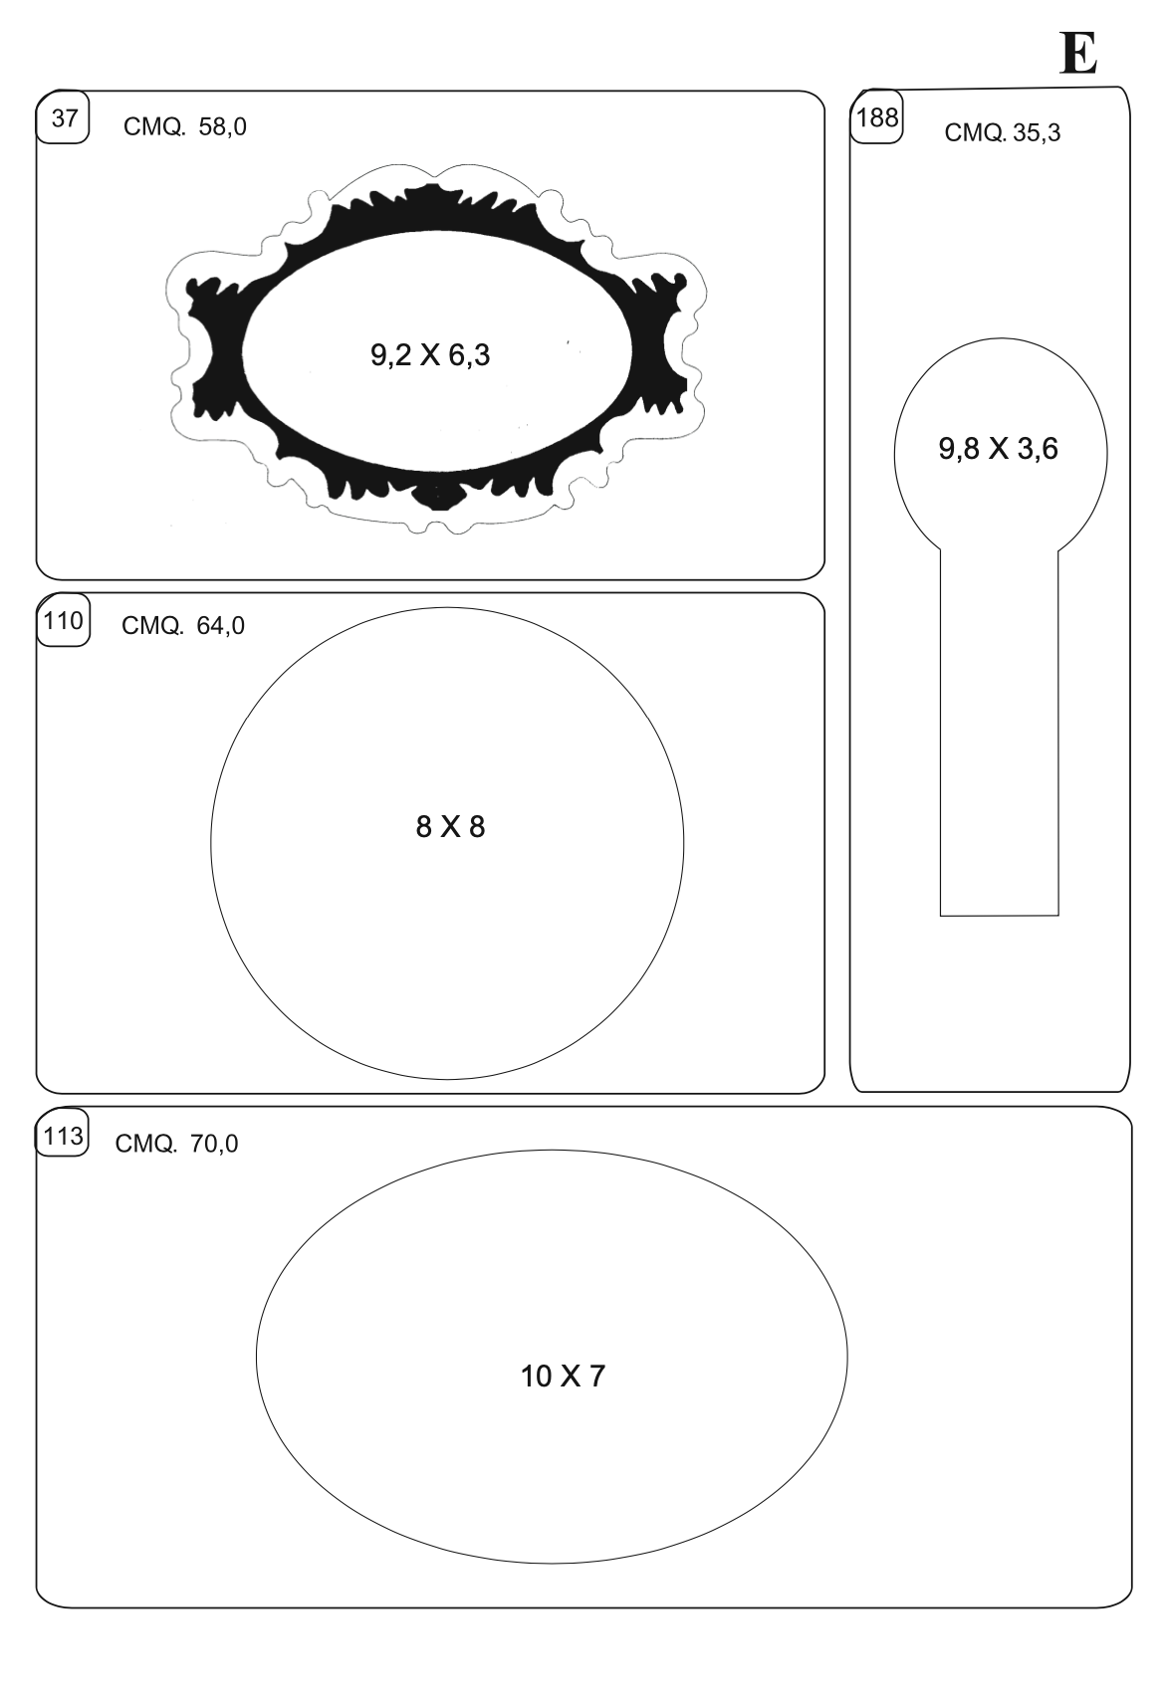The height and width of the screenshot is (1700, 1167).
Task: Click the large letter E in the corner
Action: pos(1078,53)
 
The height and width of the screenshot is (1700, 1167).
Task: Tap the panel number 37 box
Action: pos(63,117)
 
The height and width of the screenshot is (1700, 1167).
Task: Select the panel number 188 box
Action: pos(877,117)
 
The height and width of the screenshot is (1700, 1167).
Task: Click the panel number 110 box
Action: pos(63,621)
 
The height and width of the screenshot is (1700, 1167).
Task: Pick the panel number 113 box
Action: pos(63,1136)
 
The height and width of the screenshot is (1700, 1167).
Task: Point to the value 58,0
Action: pos(222,126)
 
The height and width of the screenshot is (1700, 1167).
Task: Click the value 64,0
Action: pos(220,625)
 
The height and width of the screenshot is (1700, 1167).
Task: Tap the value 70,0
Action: pos(214,1143)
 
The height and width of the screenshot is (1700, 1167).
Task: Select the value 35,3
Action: pos(1037,132)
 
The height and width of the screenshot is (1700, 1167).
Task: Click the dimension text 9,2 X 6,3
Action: pos(430,354)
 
